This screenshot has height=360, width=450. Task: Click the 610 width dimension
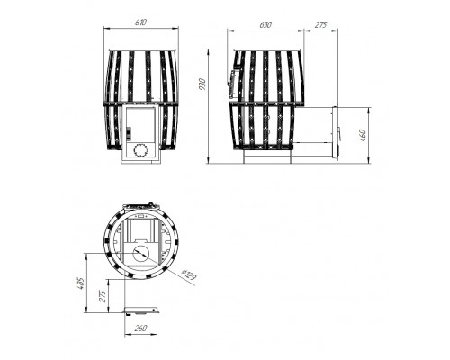coord(140,22)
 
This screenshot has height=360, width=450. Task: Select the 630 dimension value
coord(265,24)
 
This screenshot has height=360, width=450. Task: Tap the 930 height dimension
coord(202,85)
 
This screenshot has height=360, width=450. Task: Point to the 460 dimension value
coord(363,135)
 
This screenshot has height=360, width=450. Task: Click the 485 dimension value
coord(81,283)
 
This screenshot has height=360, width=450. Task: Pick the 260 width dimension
coord(140,328)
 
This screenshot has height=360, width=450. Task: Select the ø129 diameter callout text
coord(189,275)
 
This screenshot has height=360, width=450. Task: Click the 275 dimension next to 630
coord(320,24)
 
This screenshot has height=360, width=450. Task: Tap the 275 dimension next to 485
coord(103,296)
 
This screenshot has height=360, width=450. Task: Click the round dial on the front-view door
coord(140,150)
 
